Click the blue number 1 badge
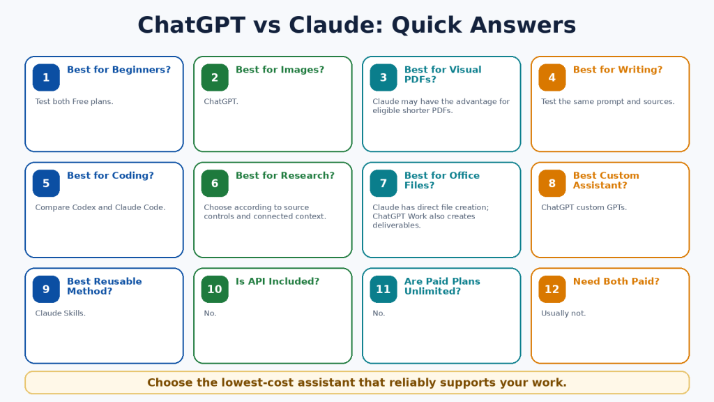[46, 77]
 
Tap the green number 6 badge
[215, 184]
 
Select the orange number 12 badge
[552, 289]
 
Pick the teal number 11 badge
[383, 289]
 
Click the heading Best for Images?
[280, 70]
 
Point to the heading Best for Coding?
[110, 175]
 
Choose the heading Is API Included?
[278, 281]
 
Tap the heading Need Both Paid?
[616, 281]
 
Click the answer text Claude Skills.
[60, 313]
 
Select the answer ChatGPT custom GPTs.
[584, 207]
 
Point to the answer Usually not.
[563, 313]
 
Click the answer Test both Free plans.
[74, 102]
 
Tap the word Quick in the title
[427, 25]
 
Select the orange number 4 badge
[552, 77]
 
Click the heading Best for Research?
[285, 175]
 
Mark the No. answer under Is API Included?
[210, 313]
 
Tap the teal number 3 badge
[383, 77]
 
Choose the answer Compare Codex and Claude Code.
[100, 207]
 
